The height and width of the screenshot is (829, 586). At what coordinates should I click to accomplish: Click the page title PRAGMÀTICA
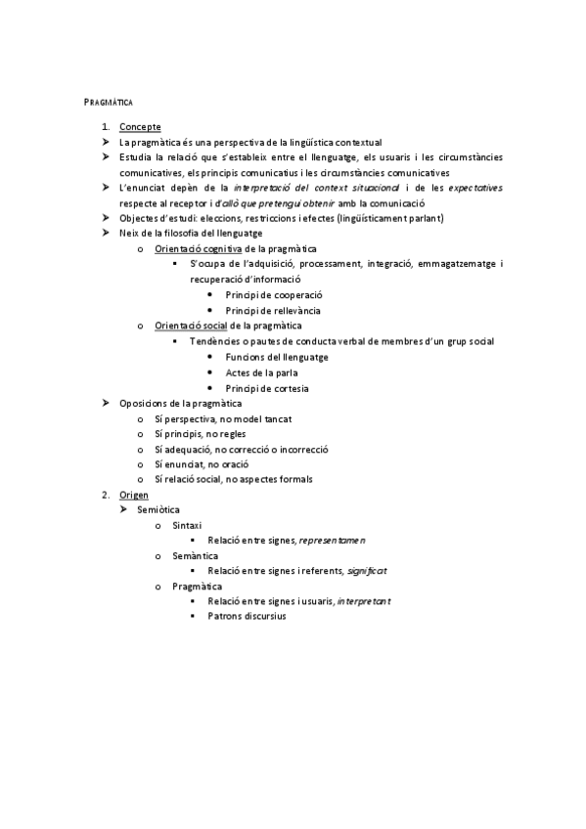tap(109, 102)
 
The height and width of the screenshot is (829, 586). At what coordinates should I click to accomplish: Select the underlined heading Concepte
tap(140, 127)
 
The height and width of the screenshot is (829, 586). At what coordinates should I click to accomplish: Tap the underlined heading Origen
tap(135, 496)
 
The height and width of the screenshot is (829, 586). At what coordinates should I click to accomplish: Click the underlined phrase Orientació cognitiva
tap(199, 248)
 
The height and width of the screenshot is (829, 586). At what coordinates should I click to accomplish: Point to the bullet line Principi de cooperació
tap(273, 294)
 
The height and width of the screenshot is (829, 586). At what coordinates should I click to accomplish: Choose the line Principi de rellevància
tap(272, 310)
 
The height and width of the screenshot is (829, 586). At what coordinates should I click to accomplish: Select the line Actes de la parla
tap(261, 372)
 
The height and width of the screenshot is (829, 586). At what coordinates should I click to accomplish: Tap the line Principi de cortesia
tap(266, 388)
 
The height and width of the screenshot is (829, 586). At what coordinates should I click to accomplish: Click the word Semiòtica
tap(158, 510)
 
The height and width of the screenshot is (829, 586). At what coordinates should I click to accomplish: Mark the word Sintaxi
tap(187, 526)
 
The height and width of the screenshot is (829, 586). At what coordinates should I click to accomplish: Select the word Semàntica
tap(195, 555)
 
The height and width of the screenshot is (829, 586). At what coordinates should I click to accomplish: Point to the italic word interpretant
tap(363, 601)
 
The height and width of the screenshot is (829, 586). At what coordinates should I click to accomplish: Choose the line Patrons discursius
tap(247, 617)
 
